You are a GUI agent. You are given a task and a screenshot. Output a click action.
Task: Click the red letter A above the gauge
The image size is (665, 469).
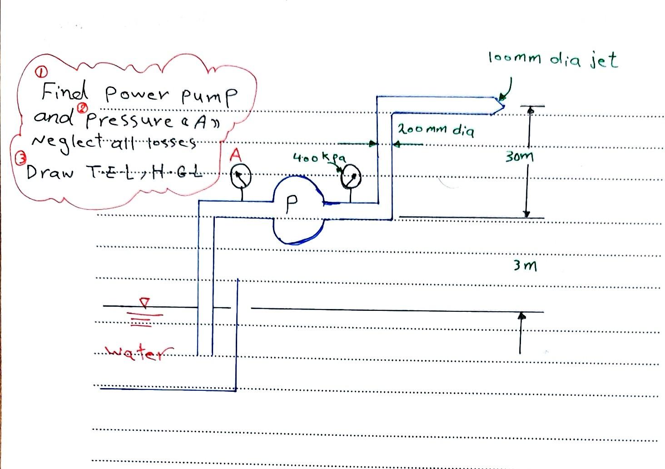(x=235, y=156)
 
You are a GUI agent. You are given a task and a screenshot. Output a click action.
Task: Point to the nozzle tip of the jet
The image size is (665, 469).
(x=503, y=107)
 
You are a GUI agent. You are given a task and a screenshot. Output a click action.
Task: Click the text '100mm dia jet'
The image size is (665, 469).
(x=553, y=60)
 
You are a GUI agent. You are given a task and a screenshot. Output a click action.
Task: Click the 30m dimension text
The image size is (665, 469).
(x=519, y=157)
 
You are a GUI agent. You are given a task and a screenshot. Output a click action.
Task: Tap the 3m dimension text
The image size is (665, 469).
(x=525, y=265)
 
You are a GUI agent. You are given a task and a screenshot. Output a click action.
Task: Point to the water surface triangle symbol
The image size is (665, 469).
(x=144, y=302)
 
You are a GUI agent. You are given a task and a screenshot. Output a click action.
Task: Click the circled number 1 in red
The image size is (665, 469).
(x=40, y=72)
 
